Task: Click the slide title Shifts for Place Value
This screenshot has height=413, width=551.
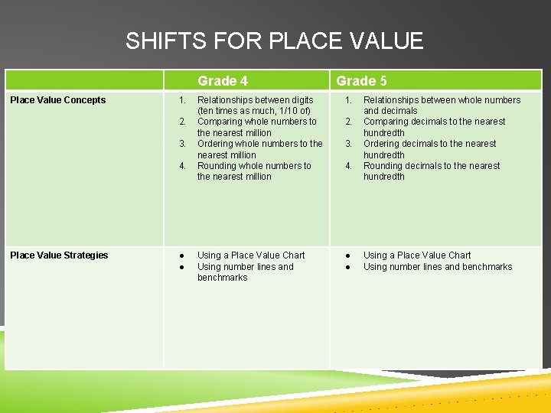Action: click(274, 41)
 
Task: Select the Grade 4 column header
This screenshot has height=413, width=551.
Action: click(223, 80)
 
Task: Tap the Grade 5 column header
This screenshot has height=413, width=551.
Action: click(361, 80)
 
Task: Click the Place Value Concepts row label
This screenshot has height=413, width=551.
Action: click(58, 100)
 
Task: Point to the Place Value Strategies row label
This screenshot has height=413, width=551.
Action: click(59, 255)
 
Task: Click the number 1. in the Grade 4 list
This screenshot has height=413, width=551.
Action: click(182, 100)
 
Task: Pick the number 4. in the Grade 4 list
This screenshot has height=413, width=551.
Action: click(182, 166)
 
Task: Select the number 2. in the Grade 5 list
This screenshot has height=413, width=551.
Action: click(348, 122)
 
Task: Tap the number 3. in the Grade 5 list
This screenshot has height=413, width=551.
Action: click(348, 144)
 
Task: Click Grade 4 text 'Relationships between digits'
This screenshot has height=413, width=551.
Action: click(255, 100)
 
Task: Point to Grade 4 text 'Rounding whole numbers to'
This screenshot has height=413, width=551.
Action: click(254, 166)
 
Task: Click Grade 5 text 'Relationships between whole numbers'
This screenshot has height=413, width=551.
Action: click(442, 100)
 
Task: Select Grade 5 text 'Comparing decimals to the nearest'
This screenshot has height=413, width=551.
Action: click(434, 122)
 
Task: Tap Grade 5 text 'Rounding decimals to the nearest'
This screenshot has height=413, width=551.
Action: click(432, 166)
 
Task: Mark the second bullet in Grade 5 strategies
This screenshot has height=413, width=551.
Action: click(348, 267)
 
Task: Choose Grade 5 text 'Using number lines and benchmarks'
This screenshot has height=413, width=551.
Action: click(438, 267)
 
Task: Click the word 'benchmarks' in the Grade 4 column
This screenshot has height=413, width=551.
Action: click(222, 278)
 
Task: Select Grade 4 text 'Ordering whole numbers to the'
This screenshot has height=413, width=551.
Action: click(259, 144)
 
